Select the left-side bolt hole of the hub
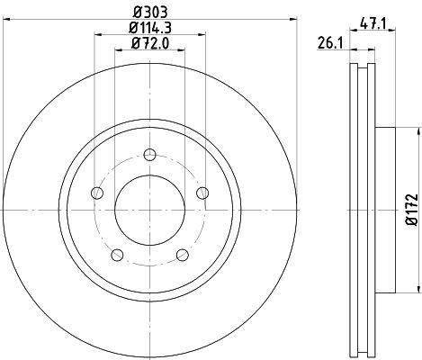(x=94, y=191)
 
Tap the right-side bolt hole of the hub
(x=203, y=191)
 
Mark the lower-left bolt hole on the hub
(x=115, y=255)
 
